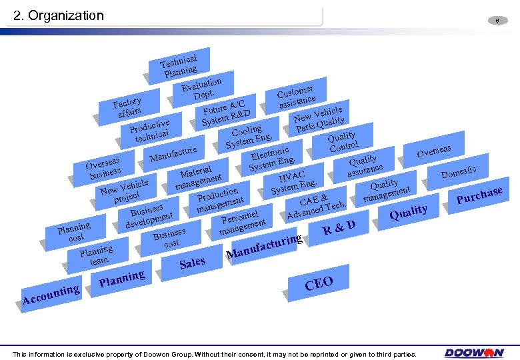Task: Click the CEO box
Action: [319, 283]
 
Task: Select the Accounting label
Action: [51, 295]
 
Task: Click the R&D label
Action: [338, 228]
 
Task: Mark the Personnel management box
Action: [241, 222]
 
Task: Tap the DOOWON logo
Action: [475, 353]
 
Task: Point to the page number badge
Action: [497, 21]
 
